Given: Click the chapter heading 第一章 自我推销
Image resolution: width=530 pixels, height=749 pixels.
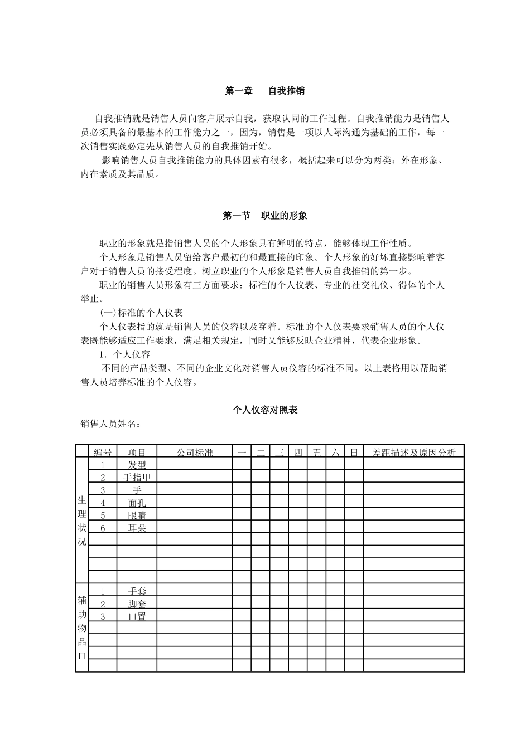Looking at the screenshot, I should [264, 91].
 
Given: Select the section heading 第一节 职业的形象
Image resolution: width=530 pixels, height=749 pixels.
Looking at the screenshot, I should [265, 216].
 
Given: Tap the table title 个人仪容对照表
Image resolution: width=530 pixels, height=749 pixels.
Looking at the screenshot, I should [265, 410].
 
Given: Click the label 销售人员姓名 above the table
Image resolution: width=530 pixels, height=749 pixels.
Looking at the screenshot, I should [110, 424].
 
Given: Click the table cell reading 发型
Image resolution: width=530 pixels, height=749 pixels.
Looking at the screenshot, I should [137, 465].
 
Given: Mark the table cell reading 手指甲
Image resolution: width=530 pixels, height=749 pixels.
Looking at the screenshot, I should [137, 478].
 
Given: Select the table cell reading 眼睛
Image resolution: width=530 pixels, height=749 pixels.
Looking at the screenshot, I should [137, 515].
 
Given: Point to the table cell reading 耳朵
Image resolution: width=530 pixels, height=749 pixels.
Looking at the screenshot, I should [137, 528].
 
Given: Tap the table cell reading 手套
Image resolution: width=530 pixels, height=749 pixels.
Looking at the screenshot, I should [137, 591].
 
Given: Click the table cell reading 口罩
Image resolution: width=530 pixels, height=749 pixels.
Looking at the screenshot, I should [137, 616].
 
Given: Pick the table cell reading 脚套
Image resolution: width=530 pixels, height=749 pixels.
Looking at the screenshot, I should [137, 604].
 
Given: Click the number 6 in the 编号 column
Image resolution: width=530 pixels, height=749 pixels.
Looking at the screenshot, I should [103, 528].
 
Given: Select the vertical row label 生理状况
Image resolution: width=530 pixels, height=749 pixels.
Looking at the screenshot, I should [82, 521].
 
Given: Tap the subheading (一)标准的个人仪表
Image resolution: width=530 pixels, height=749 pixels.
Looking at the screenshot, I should [141, 313].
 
